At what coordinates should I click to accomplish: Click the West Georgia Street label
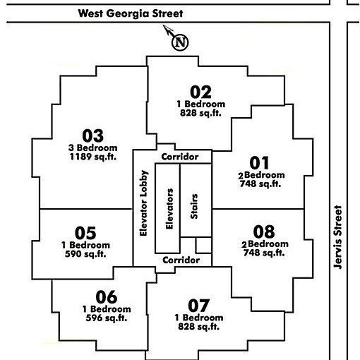(131, 13)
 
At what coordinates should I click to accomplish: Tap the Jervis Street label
(337, 237)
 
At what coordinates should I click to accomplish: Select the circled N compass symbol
(180, 42)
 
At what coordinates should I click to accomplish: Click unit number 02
(200, 92)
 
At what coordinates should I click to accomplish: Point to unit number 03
(92, 136)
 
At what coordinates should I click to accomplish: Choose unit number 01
(259, 163)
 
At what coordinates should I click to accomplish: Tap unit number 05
(85, 233)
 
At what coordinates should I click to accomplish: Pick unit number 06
(107, 297)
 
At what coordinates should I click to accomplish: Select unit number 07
(199, 306)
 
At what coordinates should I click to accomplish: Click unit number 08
(264, 232)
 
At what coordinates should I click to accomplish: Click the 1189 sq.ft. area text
(93, 157)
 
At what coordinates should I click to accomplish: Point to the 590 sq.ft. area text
(85, 254)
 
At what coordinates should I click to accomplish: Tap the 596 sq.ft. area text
(107, 318)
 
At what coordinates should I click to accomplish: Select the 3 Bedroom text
(93, 148)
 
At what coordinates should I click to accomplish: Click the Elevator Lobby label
(143, 203)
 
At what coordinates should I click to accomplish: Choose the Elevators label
(169, 209)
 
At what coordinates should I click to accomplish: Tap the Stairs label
(194, 206)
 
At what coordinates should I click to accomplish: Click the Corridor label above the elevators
(180, 157)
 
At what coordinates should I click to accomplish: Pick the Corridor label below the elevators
(181, 260)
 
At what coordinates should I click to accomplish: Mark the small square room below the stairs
(203, 245)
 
